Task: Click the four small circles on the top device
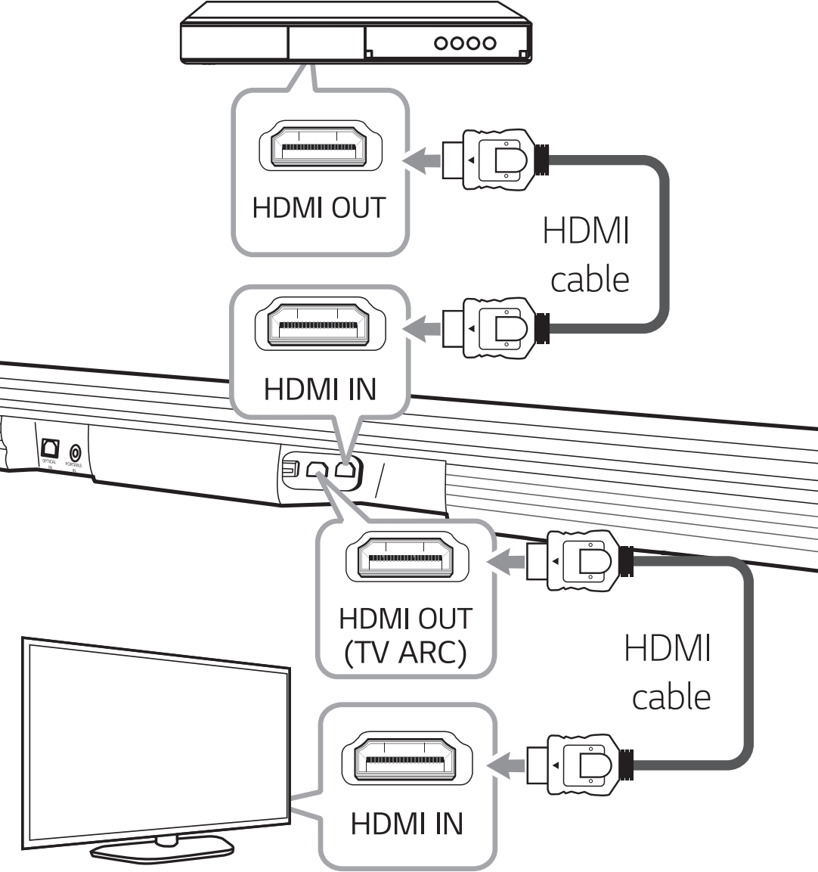[465, 43]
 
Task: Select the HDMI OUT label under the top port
[318, 209]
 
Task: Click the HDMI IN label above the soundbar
[319, 389]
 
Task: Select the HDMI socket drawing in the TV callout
[406, 760]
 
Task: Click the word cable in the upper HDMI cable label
[589, 280]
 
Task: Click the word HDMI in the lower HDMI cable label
[668, 650]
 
